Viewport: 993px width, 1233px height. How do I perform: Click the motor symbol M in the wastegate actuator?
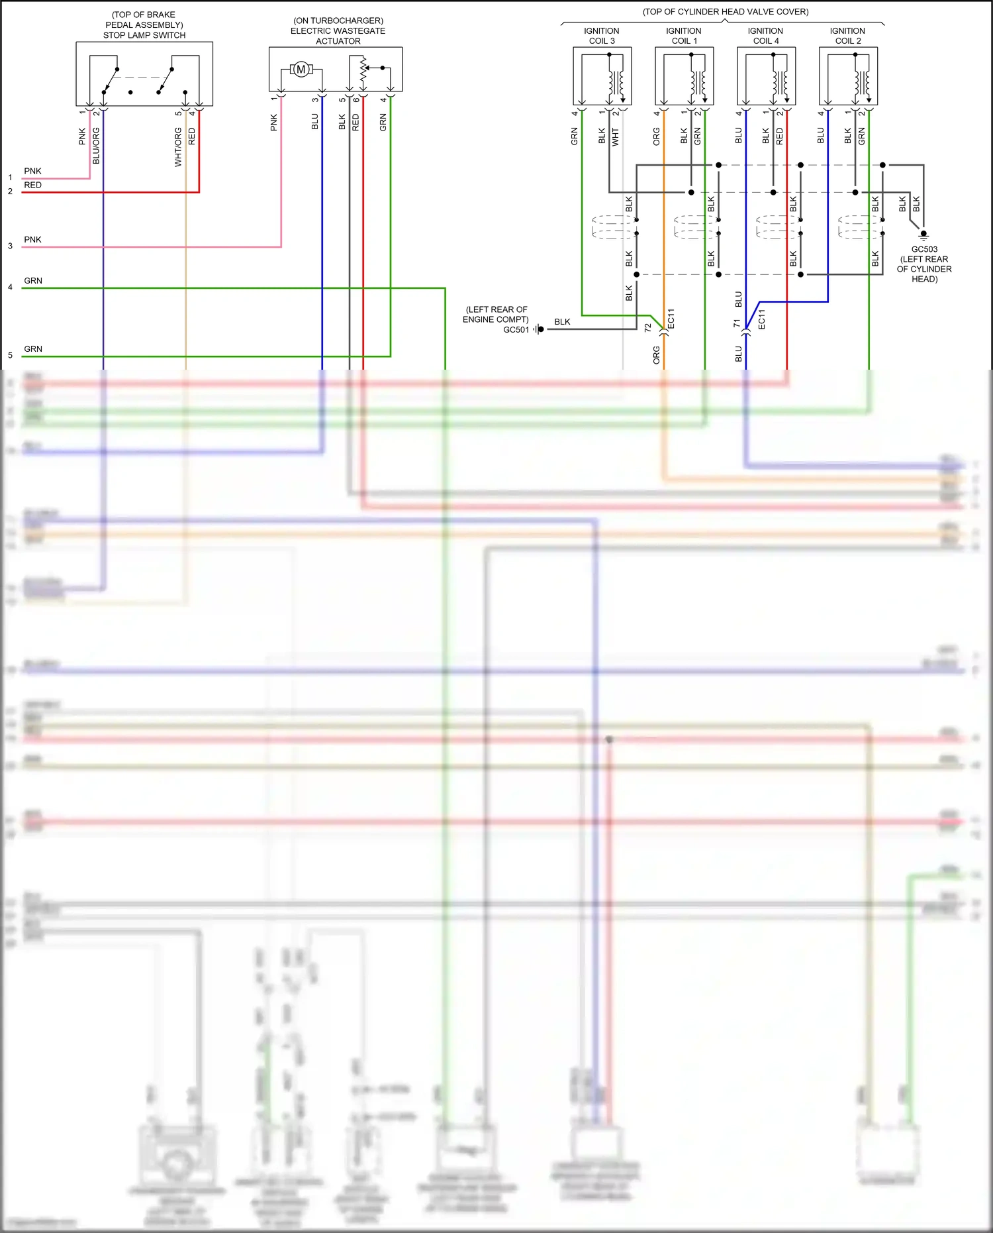pos(301,70)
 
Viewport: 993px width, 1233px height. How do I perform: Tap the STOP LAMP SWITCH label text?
pos(144,35)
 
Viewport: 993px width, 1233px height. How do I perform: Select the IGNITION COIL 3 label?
pos(602,36)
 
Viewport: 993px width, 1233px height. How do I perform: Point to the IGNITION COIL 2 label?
pos(847,36)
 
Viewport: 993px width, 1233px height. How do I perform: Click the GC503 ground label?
pos(924,249)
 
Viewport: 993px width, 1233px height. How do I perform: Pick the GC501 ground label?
pos(516,329)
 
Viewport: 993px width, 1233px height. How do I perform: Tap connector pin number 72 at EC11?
pos(648,327)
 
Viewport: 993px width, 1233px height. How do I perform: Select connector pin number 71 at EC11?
pos(736,323)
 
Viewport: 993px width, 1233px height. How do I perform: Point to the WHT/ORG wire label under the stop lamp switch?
pos(178,147)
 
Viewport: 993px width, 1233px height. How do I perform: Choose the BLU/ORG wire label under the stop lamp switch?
pos(96,146)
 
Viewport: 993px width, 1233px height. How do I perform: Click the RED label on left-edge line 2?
pos(32,185)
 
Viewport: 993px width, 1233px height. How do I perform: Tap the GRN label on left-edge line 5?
pos(33,348)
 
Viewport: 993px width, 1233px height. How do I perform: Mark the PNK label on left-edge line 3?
pos(32,239)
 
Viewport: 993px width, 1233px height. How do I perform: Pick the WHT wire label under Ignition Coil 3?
pos(615,137)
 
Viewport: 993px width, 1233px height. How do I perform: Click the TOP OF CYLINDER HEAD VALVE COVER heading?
pos(725,11)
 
